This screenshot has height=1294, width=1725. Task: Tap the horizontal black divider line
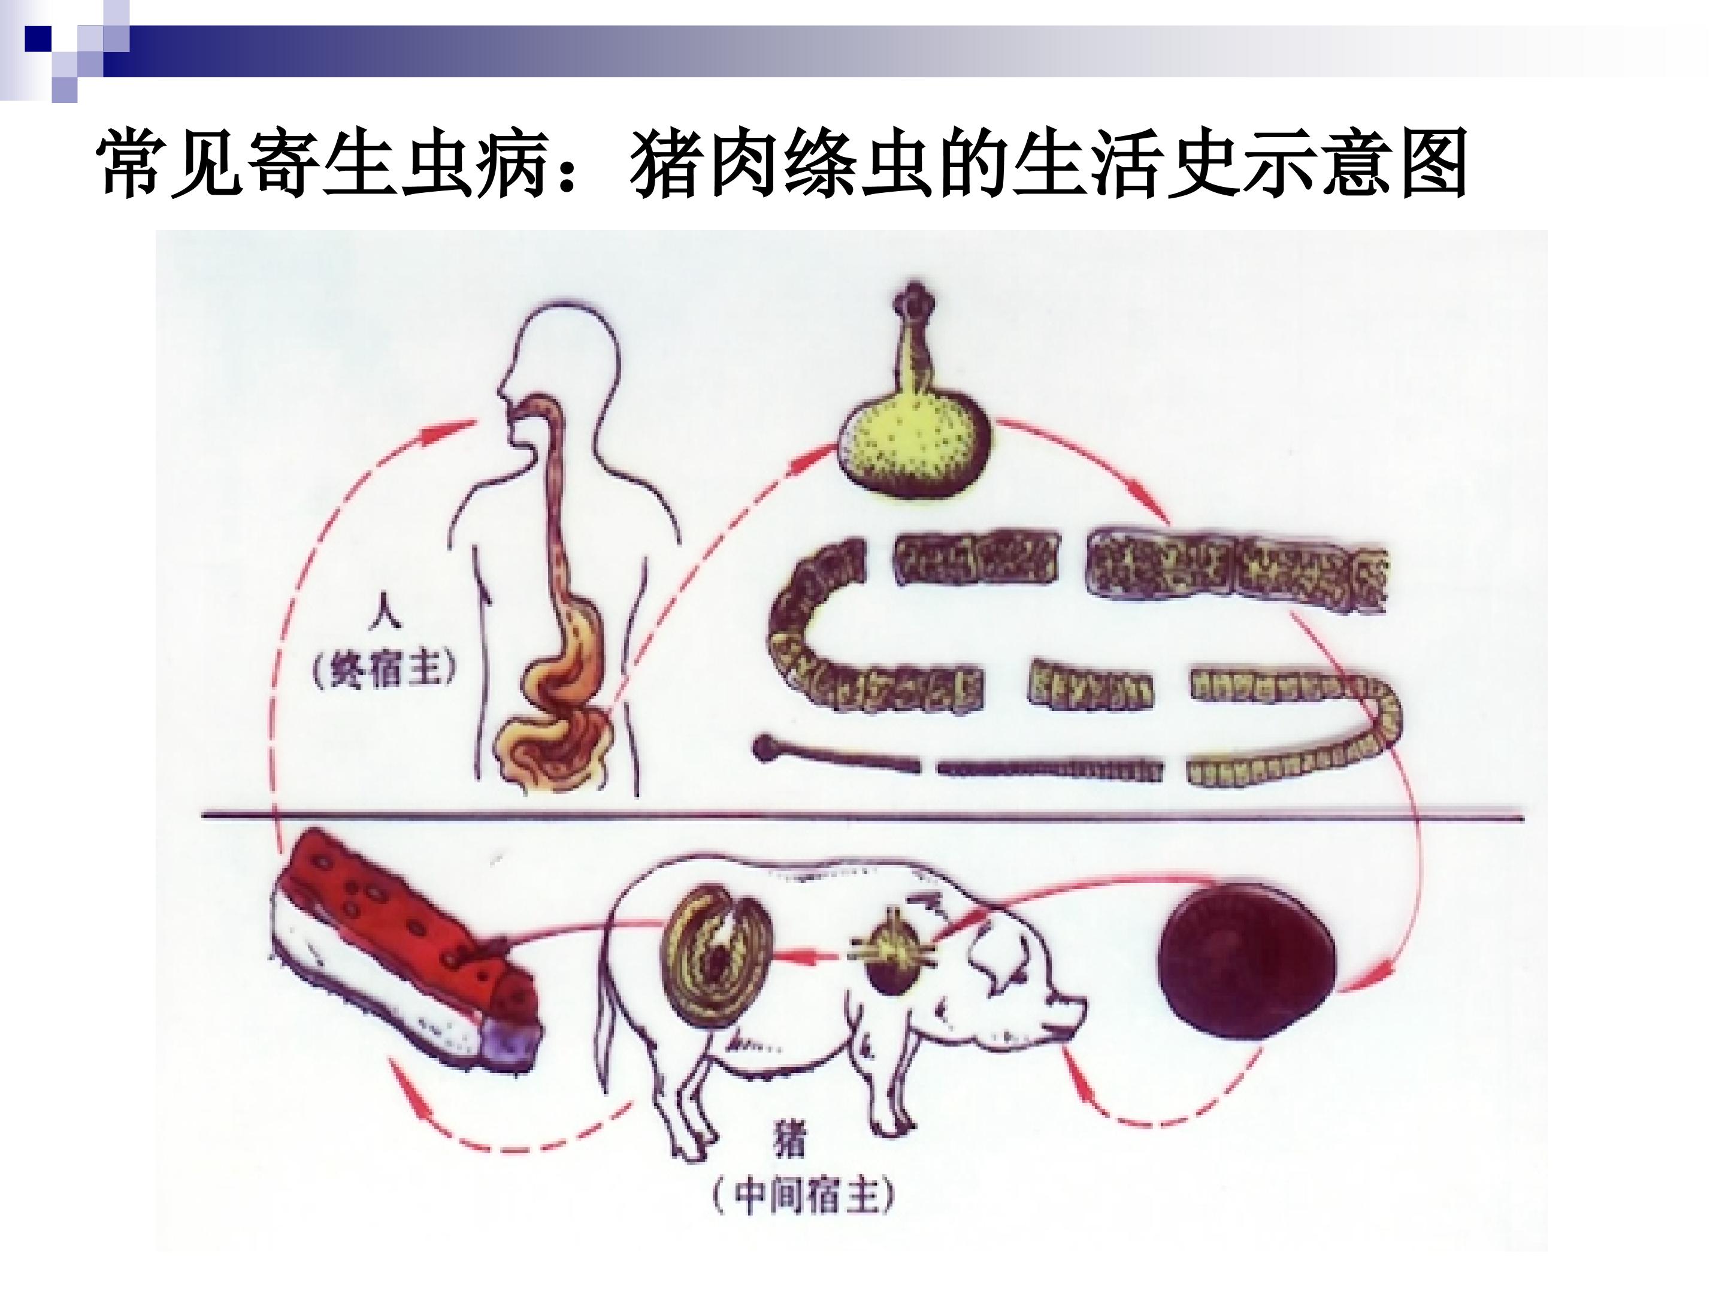coord(862,817)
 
